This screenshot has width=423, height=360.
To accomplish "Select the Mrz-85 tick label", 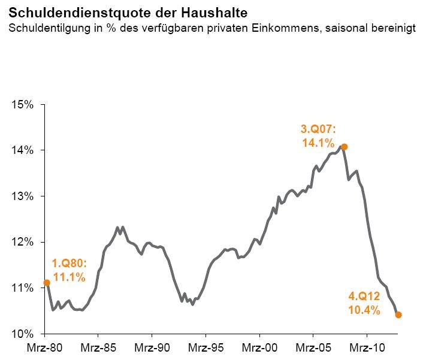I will pos(98,348).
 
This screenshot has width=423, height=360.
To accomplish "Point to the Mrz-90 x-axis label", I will pos(152,348).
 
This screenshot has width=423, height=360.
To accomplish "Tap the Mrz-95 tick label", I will pos(206,348).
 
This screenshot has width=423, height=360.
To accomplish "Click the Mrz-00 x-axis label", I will pos(259,348).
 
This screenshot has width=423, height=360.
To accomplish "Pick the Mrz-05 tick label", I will pos(313,348).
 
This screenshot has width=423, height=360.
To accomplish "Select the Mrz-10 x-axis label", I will pos(366,348).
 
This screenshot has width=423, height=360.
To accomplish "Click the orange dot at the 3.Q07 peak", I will pos(344,147).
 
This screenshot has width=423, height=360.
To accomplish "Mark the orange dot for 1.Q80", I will pos(46,283).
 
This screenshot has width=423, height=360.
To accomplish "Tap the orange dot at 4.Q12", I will pos(398,314).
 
